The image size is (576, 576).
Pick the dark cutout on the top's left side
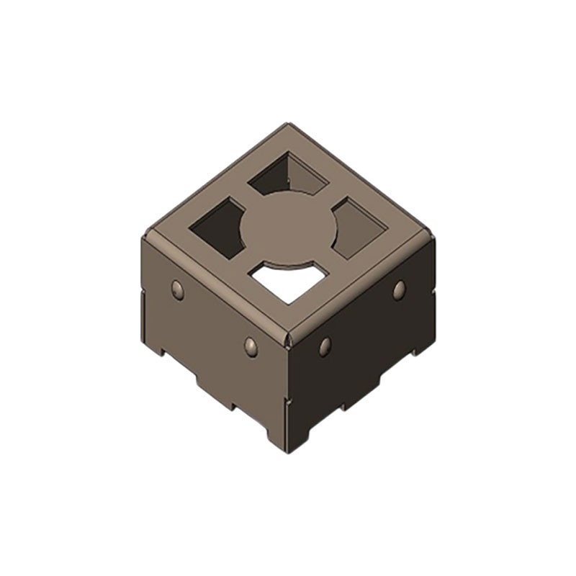(x=220, y=227)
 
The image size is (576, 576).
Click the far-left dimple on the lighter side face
(x=177, y=289)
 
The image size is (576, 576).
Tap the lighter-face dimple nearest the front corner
(x=251, y=346)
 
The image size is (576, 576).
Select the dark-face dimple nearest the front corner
(x=325, y=346)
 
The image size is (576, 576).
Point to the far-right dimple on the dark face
(x=399, y=289)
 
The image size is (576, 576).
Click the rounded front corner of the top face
(x=288, y=336)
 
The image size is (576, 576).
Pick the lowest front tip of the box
(x=288, y=452)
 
